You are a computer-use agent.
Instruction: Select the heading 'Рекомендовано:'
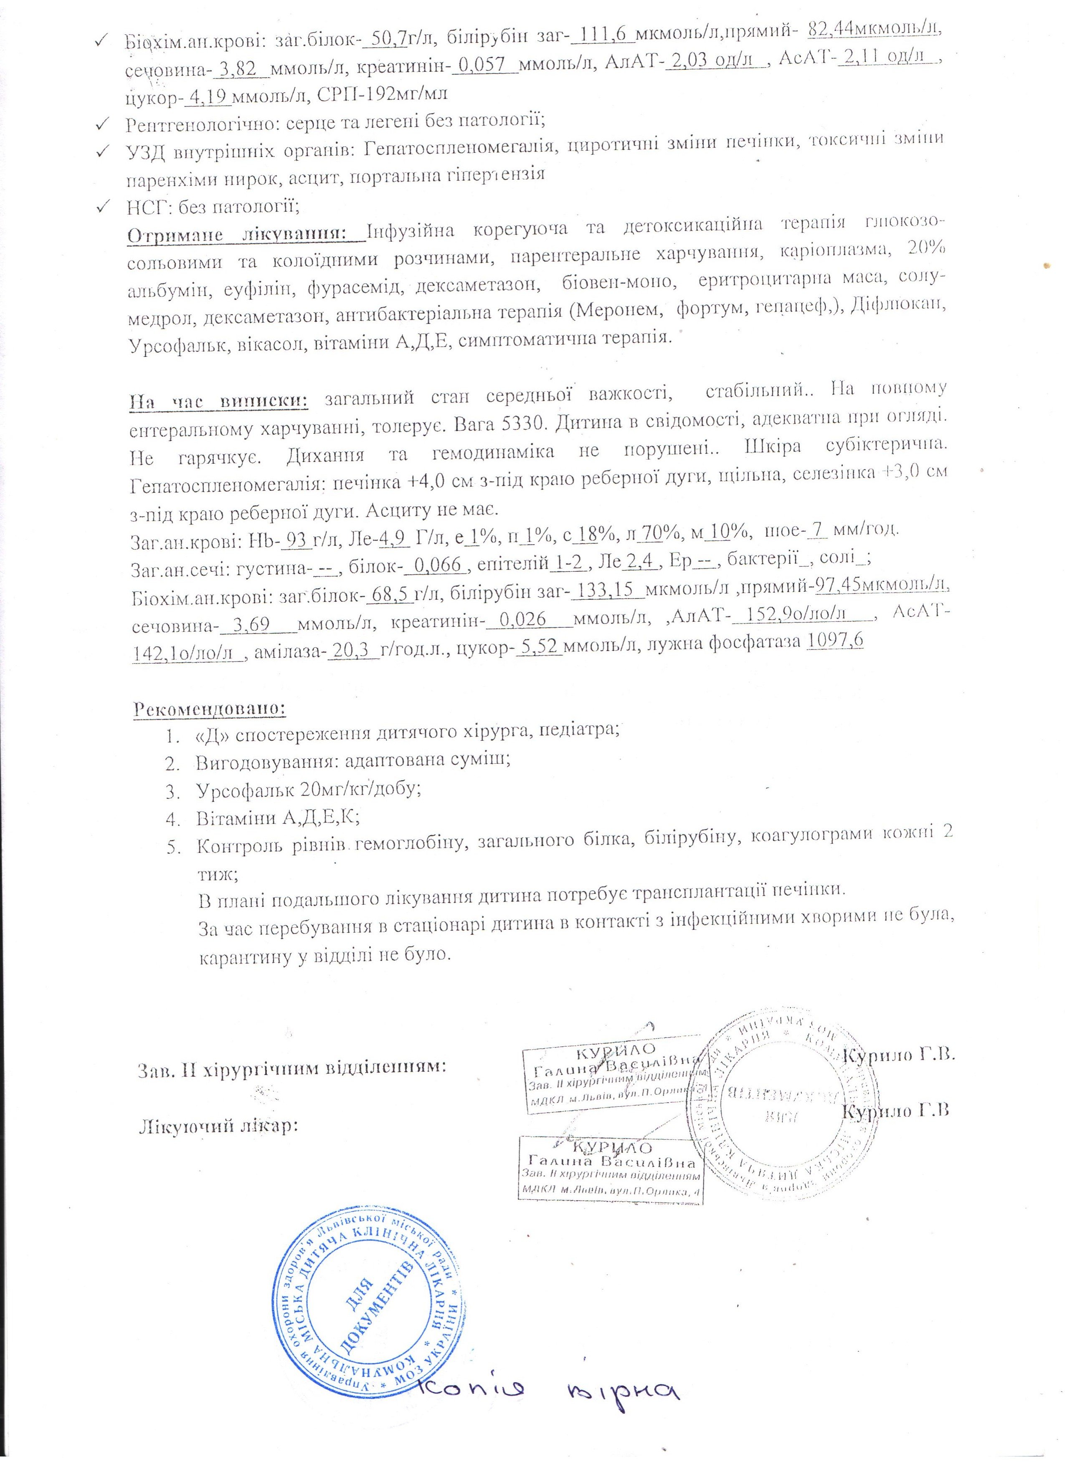[210, 708]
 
